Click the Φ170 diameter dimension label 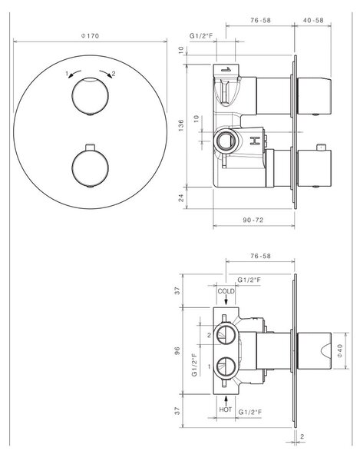[x=90, y=36]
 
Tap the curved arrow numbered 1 [x=74, y=74]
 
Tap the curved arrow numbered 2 [x=106, y=74]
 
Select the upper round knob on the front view [x=90, y=96]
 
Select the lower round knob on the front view [x=90, y=168]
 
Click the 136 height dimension [x=181, y=125]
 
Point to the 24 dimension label [x=181, y=197]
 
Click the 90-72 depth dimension [x=253, y=220]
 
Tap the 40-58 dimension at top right [x=313, y=20]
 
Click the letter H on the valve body [x=255, y=141]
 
